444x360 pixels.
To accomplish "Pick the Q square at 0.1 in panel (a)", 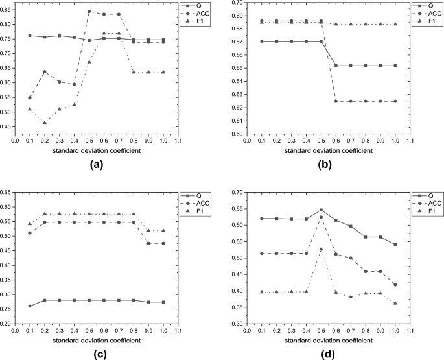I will coord(30,35).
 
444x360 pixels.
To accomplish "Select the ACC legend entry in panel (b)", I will coord(433,14).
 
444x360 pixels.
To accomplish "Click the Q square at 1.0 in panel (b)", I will coord(395,66).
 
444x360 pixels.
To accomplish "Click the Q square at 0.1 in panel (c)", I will coord(30,306).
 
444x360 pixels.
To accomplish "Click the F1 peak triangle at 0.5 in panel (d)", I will coord(321,248).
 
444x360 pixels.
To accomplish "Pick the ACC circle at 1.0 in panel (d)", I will coord(395,285).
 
